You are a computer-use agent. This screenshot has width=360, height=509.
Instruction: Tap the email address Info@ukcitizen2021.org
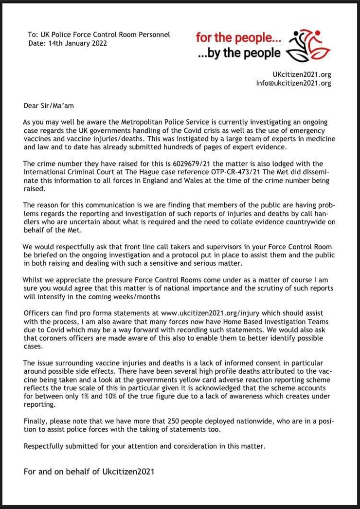click(293, 83)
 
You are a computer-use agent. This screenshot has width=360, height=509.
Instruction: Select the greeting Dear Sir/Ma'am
click(49, 105)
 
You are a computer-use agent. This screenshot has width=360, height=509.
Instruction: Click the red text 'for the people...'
click(238, 37)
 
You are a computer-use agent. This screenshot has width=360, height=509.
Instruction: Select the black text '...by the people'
click(239, 53)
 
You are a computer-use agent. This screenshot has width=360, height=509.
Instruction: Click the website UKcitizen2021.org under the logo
click(302, 74)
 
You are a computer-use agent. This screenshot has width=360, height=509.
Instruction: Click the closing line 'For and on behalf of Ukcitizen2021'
click(89, 471)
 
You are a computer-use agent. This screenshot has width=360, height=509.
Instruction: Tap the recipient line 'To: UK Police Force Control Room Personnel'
click(99, 35)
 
